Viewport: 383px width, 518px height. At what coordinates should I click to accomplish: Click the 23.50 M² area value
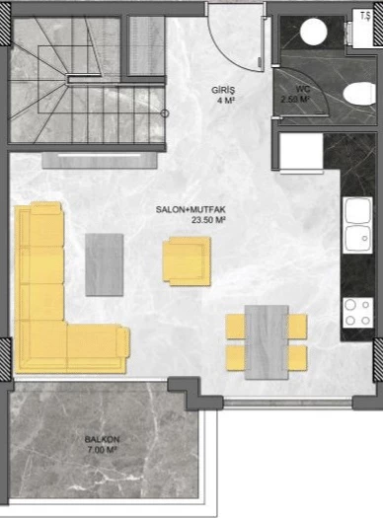(210, 221)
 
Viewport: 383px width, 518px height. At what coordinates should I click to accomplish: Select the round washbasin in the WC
(314, 33)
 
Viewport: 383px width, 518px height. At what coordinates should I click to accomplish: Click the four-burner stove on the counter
(355, 311)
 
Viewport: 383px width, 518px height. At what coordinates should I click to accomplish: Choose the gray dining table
(267, 341)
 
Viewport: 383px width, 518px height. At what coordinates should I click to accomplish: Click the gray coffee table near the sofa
(104, 263)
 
